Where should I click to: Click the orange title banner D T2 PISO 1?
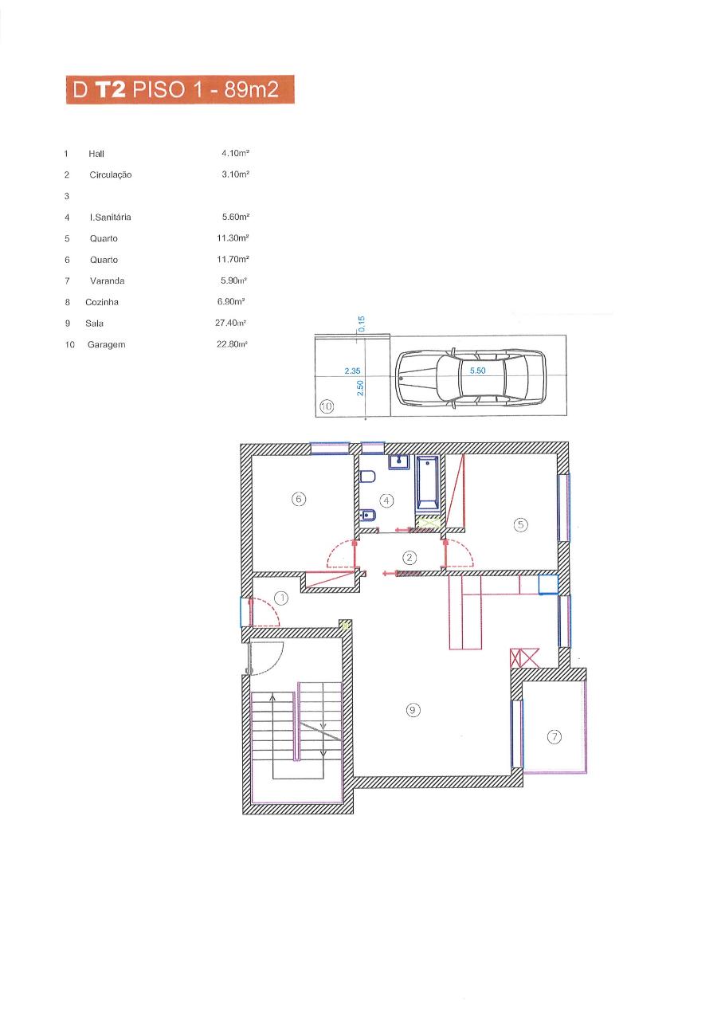(x=180, y=89)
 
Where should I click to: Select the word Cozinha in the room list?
(x=102, y=302)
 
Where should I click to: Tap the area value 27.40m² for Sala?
(x=231, y=323)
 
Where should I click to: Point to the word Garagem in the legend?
(x=107, y=345)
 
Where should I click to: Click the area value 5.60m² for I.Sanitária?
(x=236, y=217)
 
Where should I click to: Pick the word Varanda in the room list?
(x=108, y=280)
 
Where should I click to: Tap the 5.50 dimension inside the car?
(x=477, y=371)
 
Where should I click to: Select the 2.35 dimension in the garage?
(x=352, y=371)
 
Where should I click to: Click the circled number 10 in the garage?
(x=327, y=406)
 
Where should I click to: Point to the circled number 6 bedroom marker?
(x=299, y=499)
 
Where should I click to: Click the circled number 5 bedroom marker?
(x=521, y=525)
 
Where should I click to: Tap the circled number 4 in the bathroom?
(x=386, y=501)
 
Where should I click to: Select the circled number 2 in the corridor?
(x=409, y=557)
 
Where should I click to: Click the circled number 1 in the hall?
(x=282, y=598)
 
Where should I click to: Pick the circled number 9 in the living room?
(x=413, y=710)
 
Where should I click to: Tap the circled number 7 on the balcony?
(x=554, y=737)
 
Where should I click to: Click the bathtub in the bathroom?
(x=427, y=483)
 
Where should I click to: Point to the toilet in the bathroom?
(x=366, y=477)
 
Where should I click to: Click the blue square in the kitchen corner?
(x=548, y=585)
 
